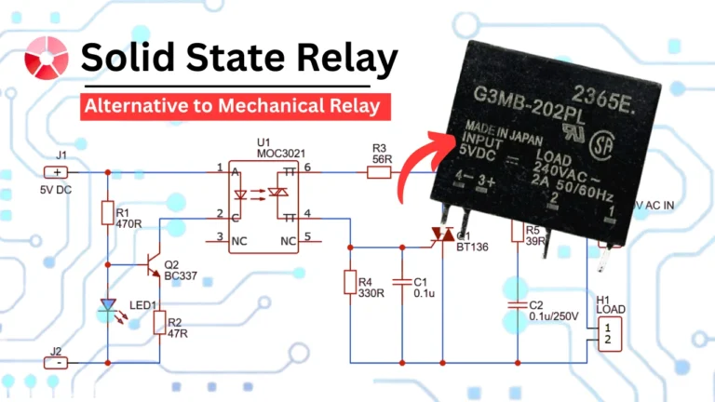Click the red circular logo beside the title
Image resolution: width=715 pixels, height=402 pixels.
[x=46, y=58]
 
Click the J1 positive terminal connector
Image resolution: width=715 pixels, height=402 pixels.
[x=58, y=172]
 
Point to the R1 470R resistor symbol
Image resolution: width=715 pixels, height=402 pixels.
[x=109, y=215]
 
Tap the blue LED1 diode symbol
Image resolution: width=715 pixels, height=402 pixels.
[x=109, y=308]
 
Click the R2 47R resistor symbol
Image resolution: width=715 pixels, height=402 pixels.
[x=160, y=324]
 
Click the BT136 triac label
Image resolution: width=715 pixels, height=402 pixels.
[x=467, y=248]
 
